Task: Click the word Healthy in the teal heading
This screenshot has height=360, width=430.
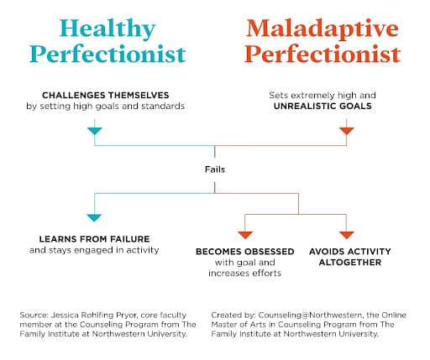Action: click(x=107, y=29)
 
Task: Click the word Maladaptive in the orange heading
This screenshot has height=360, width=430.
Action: click(x=322, y=29)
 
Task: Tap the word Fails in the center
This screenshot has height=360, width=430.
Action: click(x=215, y=170)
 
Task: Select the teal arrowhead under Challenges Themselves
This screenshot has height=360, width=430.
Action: click(x=95, y=131)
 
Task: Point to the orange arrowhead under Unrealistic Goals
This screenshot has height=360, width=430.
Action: click(x=347, y=131)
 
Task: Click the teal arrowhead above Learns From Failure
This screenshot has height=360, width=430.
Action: click(x=94, y=218)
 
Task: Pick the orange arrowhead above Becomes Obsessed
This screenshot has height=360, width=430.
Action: click(x=245, y=235)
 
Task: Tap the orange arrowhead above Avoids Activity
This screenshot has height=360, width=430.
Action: click(x=347, y=235)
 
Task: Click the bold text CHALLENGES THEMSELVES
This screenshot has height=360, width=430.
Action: click(x=106, y=95)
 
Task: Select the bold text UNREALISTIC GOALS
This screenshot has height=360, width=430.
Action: click(x=322, y=106)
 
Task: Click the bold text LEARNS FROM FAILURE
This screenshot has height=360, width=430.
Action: click(x=94, y=239)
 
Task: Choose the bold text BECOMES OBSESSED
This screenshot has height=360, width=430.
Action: click(x=245, y=252)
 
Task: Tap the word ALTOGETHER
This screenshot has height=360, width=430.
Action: click(x=350, y=263)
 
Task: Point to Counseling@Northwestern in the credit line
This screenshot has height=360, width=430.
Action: click(x=310, y=316)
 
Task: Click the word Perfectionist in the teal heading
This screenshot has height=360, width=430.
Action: click(x=107, y=54)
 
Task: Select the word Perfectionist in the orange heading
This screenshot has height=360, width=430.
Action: click(x=322, y=54)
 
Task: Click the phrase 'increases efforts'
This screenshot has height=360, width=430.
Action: click(x=245, y=273)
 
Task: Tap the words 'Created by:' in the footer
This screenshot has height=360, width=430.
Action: click(x=233, y=316)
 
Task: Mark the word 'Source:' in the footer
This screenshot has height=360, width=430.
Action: click(x=34, y=316)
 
